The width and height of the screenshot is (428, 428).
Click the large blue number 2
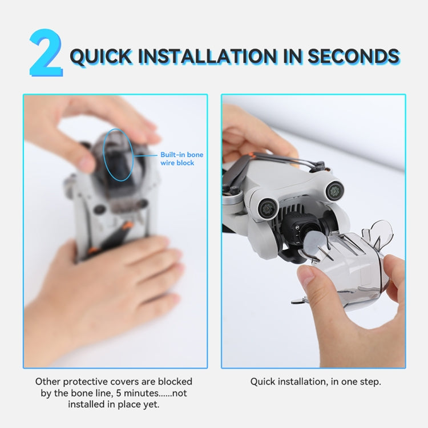46,54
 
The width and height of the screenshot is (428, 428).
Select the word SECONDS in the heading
354,56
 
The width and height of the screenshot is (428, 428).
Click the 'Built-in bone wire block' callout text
181,159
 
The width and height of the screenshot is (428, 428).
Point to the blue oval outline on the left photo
133,155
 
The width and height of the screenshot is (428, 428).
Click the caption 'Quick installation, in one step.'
316,382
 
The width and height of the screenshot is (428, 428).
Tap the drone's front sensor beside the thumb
268,208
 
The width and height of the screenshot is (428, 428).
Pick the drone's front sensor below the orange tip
334,190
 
